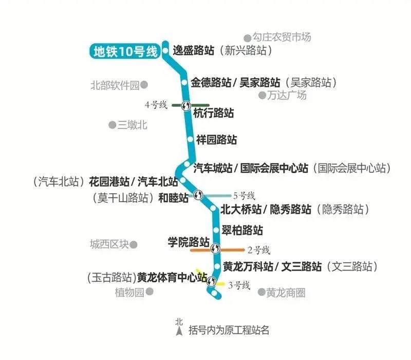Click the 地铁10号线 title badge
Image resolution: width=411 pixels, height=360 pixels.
click(124, 51)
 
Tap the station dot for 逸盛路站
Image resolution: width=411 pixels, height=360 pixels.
click(165, 50)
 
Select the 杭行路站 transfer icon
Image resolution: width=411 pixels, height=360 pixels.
click(186, 106)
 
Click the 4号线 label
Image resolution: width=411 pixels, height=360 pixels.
click(156, 105)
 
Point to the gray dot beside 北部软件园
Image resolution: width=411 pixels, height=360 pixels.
click(144, 85)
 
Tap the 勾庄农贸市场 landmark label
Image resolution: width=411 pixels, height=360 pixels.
click(282, 37)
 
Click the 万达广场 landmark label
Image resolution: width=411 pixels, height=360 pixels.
click(287, 95)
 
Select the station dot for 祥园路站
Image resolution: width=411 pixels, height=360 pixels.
click(190, 139)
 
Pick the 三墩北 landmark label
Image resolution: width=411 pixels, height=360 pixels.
click(132, 125)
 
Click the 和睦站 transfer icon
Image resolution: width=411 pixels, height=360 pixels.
click(198, 195)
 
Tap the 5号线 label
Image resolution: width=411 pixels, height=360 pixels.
click(244, 196)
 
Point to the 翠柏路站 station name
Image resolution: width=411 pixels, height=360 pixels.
click(242, 230)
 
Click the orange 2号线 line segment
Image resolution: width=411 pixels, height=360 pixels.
click(217, 250)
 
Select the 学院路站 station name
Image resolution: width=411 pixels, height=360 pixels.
click(189, 242)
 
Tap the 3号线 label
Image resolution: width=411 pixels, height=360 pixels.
click(239, 285)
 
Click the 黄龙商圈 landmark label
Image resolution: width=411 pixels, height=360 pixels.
click(286, 293)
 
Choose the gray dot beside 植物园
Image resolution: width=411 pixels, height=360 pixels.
click(150, 291)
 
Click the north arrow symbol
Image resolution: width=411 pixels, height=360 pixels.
click(179, 331)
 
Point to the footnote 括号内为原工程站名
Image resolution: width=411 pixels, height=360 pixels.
click(229, 330)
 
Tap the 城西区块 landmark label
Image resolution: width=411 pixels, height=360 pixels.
click(109, 244)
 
